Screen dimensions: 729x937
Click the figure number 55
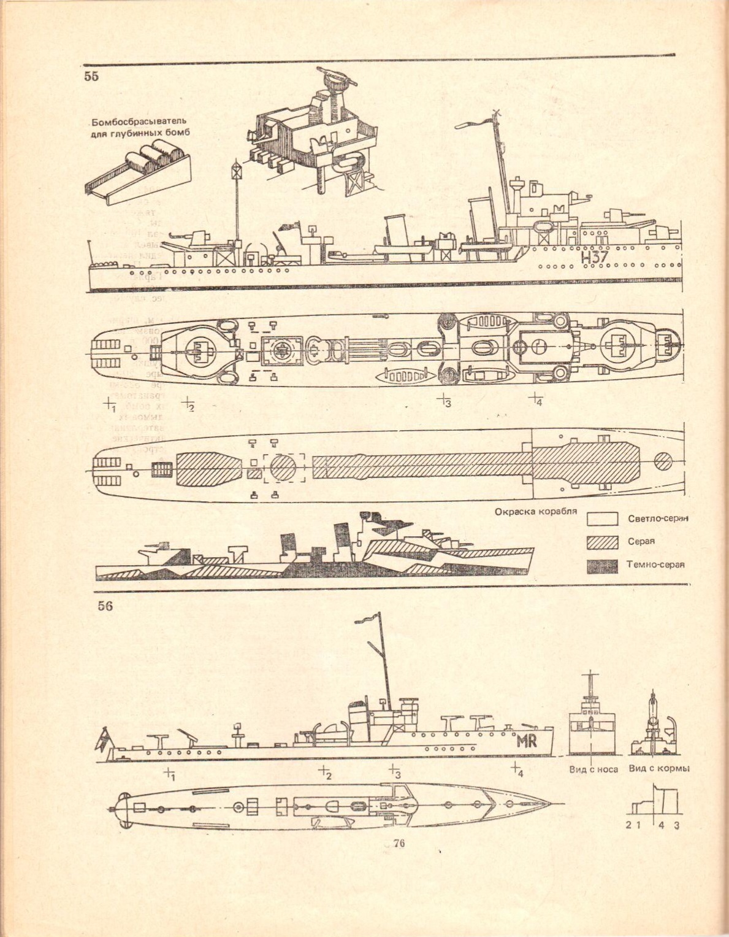(x=91, y=77)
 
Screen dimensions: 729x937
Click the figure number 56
(x=105, y=606)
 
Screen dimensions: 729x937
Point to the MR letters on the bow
(x=526, y=741)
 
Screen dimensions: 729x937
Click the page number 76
(x=398, y=844)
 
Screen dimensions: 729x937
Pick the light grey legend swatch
(x=602, y=519)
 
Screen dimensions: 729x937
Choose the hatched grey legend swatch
(x=602, y=542)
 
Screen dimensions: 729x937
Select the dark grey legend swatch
(x=602, y=566)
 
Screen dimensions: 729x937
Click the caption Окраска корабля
(x=535, y=511)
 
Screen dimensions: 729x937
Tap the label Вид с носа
(x=593, y=769)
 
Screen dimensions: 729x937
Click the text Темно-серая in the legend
(x=655, y=565)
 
